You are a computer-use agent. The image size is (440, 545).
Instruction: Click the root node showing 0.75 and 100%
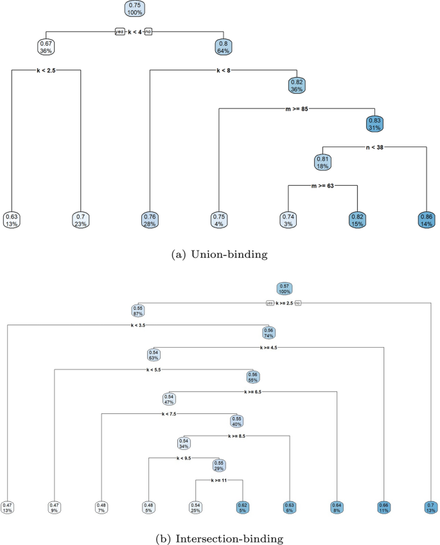pos(135,8)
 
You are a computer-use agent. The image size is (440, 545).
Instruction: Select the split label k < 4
pos(134,30)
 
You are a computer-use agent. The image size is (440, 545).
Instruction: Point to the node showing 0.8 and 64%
pos(223,46)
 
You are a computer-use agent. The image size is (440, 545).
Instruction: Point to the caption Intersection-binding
pos(220,533)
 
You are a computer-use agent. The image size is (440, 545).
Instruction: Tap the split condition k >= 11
pos(218,480)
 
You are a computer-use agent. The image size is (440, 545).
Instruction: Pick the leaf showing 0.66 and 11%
pos(383,507)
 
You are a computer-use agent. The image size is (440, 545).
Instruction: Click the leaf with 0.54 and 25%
pos(195,507)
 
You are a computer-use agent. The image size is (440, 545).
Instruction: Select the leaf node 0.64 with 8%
pos(337,507)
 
